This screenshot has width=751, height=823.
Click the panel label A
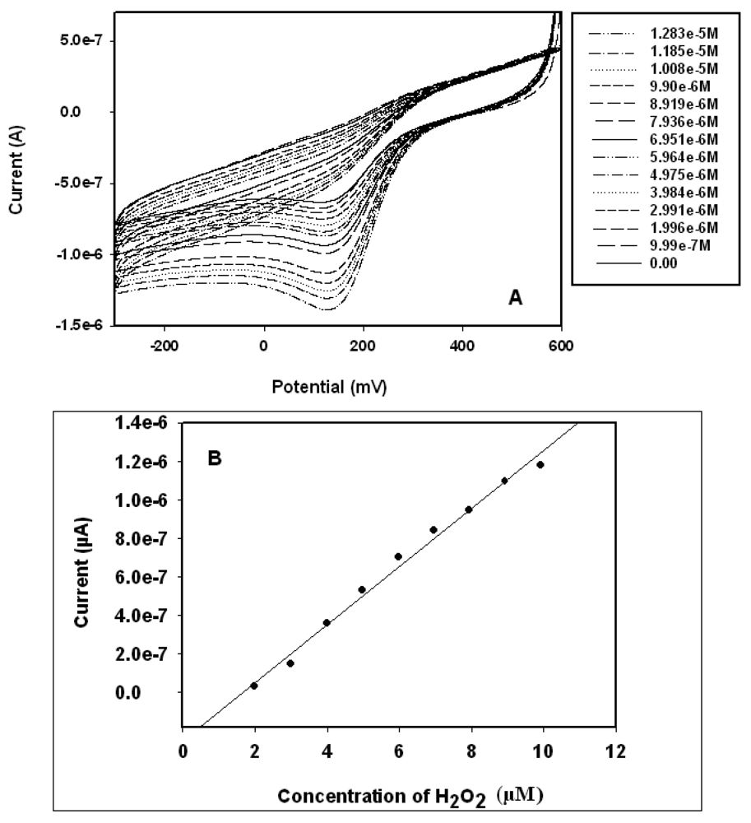(x=516, y=300)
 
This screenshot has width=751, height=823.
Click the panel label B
(x=214, y=458)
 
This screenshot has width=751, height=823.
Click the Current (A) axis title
(x=16, y=171)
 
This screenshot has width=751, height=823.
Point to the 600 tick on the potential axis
(x=561, y=346)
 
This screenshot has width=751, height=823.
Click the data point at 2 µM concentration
(x=254, y=686)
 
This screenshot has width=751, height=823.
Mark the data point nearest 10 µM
(x=540, y=465)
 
